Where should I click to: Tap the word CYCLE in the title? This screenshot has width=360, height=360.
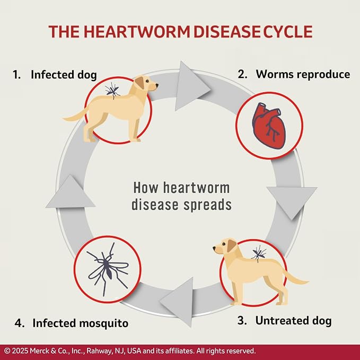coord(288,31)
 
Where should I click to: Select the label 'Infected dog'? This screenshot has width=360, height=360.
coord(64,75)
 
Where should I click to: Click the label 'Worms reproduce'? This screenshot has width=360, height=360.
coord(303,74)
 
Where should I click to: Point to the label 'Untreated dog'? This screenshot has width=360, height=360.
coord(293,321)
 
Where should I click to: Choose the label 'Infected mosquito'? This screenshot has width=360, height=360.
coord(81,323)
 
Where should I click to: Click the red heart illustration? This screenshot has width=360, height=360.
coord(269,126)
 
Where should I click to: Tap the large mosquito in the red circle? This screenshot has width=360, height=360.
coord(108,269)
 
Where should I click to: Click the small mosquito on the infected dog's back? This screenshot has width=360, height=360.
coord(112,91)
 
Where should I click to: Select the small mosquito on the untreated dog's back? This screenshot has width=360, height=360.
coord(259,253)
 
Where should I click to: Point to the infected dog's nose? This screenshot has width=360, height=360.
coord(157,85)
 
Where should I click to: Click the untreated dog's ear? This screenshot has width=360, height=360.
coord(231,245)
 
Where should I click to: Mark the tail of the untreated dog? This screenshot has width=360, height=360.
coord(296,277)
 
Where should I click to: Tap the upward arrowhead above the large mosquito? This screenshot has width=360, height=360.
coord(71,192)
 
